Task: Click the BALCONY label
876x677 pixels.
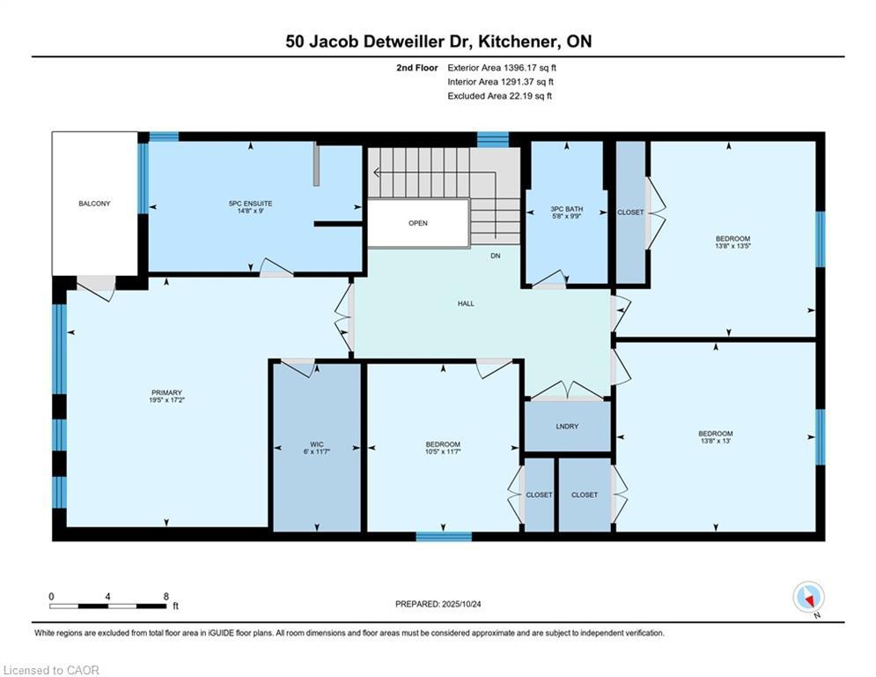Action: point(94,204)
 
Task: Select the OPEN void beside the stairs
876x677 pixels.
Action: point(418,223)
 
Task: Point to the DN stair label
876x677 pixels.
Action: point(496,256)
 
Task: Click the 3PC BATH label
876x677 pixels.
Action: point(566,209)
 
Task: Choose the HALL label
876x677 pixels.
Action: point(466,303)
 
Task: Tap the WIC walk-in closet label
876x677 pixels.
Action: point(317,444)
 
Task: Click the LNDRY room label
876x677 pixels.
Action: point(567,427)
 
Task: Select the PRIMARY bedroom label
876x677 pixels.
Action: point(166,393)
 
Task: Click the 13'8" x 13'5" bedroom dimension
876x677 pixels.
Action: point(732,246)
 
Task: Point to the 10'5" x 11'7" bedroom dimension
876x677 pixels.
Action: point(443,451)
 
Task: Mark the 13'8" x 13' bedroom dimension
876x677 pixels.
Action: point(716,441)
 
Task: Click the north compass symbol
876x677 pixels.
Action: point(809,598)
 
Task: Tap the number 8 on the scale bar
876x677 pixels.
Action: point(166,597)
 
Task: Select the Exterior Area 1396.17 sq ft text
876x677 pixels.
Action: point(502,68)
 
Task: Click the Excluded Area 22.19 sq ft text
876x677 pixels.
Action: point(499,96)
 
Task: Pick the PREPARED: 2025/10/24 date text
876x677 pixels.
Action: point(438,604)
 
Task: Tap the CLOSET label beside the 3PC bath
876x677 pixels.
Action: point(630,212)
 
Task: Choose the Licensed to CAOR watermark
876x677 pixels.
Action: point(51,670)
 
